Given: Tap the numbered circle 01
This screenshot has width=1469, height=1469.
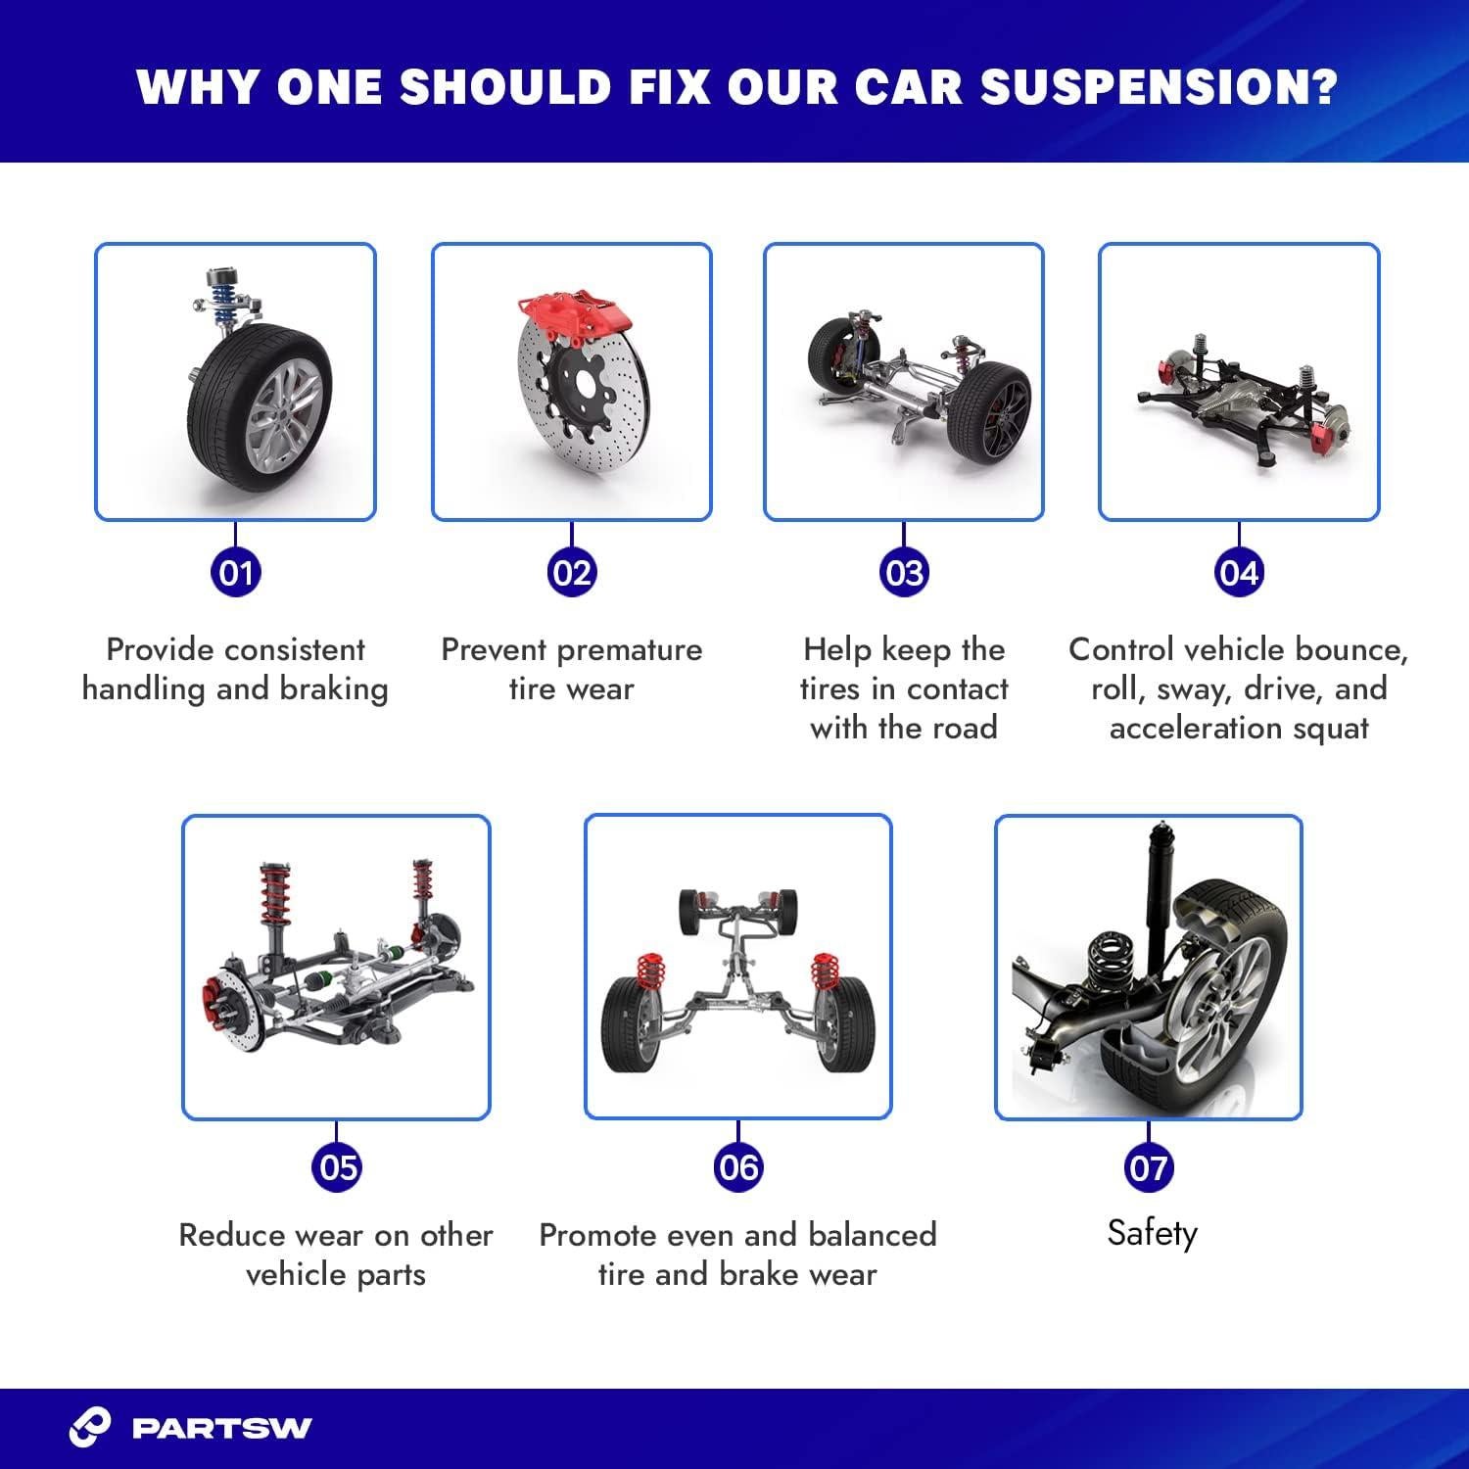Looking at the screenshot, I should pyautogui.click(x=236, y=572).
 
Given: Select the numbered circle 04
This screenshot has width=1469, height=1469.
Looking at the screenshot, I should pyautogui.click(x=1239, y=572).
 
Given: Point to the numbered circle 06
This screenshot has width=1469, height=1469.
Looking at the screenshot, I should pyautogui.click(x=737, y=1166).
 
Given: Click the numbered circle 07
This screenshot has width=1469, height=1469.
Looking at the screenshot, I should pyautogui.click(x=1149, y=1166).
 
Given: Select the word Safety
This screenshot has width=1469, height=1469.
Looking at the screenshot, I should pyautogui.click(x=1152, y=1232).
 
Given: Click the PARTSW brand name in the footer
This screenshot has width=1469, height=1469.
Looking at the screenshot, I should pyautogui.click(x=221, y=1428).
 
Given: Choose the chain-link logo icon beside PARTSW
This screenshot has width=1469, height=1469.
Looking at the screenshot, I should pyautogui.click(x=90, y=1428).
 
